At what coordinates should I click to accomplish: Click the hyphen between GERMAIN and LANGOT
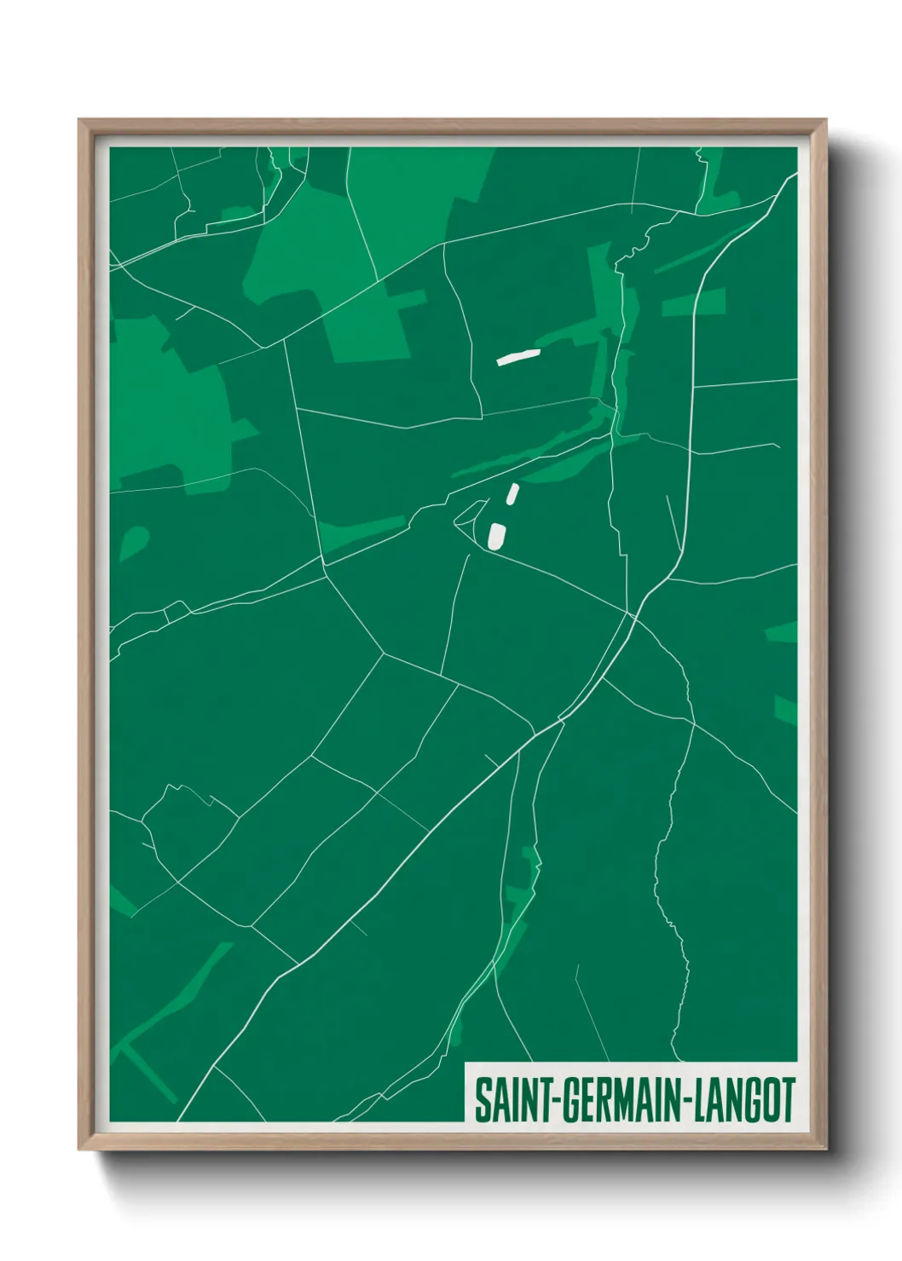[x=685, y=1101]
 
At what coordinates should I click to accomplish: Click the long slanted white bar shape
[x=518, y=356]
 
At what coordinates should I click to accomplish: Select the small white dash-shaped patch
[x=512, y=493]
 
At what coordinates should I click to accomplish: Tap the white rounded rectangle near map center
[x=496, y=536]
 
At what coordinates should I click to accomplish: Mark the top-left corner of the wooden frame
[x=79, y=120]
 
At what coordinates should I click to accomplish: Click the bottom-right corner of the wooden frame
[x=826, y=1149]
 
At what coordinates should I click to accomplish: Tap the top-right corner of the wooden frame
[x=826, y=120]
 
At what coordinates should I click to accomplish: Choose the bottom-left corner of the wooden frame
[x=79, y=1149]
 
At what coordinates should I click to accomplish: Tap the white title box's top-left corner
[x=465, y=1062]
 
